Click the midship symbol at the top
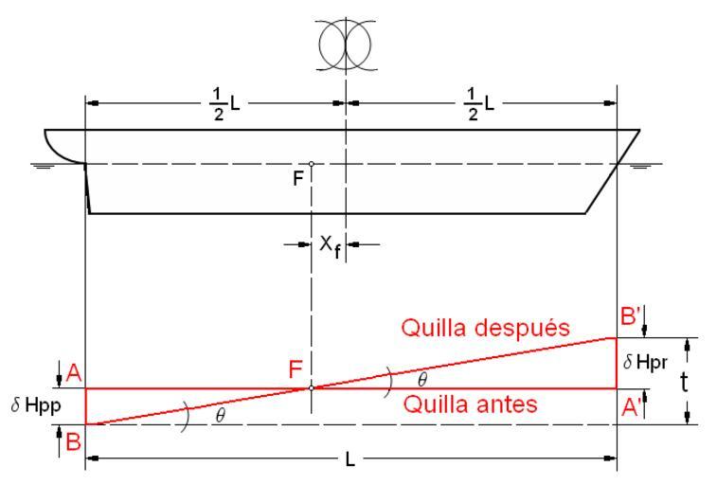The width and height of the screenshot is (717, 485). (x=346, y=44)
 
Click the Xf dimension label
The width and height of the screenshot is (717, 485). (x=329, y=245)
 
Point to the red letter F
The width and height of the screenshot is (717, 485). (x=296, y=372)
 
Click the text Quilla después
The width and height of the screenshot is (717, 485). (x=484, y=328)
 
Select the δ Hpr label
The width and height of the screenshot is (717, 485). (x=648, y=362)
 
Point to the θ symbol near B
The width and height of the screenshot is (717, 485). (x=220, y=418)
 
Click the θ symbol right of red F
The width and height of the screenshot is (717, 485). (x=421, y=378)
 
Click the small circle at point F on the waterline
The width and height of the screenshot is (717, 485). (x=311, y=164)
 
